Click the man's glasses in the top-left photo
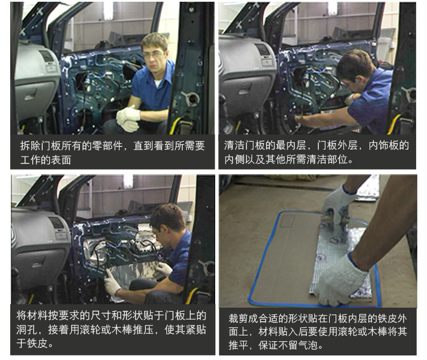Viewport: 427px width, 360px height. point(153,55)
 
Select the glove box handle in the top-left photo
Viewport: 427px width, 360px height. point(30,95)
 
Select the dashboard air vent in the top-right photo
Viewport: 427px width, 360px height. point(263,50)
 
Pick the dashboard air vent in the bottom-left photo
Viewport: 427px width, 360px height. point(57,223)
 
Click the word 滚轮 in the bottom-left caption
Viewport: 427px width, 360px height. point(91,330)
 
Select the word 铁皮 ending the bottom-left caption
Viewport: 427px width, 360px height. point(38,343)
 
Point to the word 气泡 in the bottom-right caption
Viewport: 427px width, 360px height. point(307,346)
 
